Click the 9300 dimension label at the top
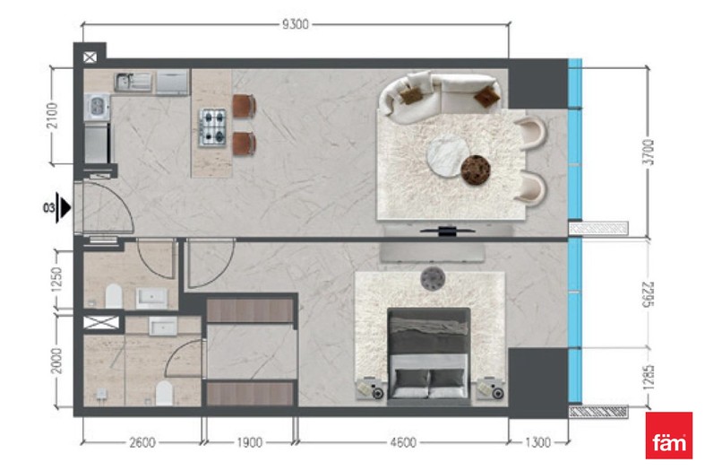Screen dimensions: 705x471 click(296, 24)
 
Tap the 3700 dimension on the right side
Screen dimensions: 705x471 click(649, 153)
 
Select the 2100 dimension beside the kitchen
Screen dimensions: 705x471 click(53, 116)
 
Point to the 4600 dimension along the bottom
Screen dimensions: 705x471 click(403, 442)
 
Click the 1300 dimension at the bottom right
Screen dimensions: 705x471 click(537, 442)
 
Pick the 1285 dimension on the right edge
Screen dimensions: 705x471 click(649, 377)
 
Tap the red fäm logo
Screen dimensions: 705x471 click(668, 435)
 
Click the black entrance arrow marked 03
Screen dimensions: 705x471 click(65, 208)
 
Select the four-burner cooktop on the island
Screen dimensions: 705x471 click(212, 127)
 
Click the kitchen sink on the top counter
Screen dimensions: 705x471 click(133, 82)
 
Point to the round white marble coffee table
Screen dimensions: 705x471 click(447, 156)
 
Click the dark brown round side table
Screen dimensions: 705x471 click(476, 170)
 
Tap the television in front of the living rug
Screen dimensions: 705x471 click(447, 231)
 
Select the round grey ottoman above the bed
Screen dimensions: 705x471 click(433, 279)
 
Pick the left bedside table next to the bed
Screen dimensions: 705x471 click(371, 388)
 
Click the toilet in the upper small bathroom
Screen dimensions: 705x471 click(114, 296)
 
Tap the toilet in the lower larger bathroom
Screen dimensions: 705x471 click(164, 393)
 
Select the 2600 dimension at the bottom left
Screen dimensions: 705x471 click(142, 442)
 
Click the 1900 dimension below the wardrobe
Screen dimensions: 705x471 click(250, 442)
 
